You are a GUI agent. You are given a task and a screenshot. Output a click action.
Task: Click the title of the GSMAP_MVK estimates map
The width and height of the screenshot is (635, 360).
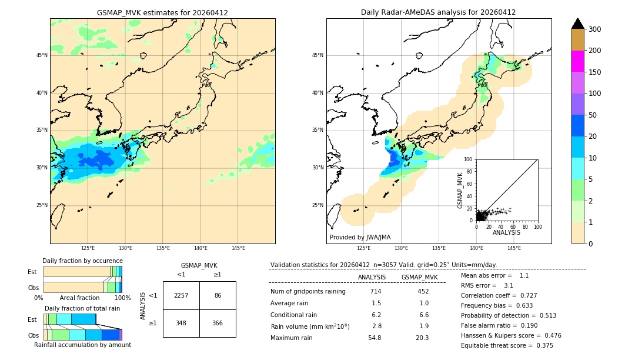pyautogui.click(x=162, y=12)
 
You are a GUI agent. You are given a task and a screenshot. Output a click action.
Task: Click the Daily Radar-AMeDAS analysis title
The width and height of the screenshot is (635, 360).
pyautogui.click(x=438, y=12)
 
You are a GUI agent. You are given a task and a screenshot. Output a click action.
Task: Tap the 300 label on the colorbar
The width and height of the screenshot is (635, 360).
pyautogui.click(x=594, y=29)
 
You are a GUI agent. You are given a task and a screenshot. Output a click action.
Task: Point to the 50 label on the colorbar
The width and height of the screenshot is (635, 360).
pyautogui.click(x=593, y=115)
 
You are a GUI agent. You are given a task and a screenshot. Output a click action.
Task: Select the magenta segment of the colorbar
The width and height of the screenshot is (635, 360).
pyautogui.click(x=578, y=61)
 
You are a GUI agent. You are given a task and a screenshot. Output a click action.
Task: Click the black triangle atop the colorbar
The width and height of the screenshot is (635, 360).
pyautogui.click(x=578, y=24)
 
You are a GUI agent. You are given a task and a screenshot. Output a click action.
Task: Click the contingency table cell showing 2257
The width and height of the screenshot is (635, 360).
pyautogui.click(x=181, y=295)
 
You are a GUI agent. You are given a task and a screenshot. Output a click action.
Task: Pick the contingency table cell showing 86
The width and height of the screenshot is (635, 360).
pyautogui.click(x=218, y=295)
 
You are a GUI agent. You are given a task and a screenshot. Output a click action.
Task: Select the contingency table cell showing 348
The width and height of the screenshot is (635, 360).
pyautogui.click(x=181, y=323)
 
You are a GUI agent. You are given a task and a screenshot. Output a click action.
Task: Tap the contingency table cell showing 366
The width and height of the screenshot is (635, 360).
pyautogui.click(x=218, y=323)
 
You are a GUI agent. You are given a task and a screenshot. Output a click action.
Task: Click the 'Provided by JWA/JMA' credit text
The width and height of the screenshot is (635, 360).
pyautogui.click(x=360, y=238)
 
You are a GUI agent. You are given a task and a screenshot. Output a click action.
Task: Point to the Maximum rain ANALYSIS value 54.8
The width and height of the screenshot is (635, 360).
pyautogui.click(x=375, y=338)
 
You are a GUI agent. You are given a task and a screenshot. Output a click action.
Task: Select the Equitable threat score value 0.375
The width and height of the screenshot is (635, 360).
pyautogui.click(x=542, y=345)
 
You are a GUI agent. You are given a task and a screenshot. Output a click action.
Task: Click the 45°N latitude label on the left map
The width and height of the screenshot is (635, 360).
pyautogui.click(x=42, y=55)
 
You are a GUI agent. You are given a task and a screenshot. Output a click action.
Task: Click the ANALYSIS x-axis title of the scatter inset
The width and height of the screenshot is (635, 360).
pyautogui.click(x=506, y=232)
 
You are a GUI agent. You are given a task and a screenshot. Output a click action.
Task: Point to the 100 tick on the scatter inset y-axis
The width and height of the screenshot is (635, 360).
pyautogui.click(x=469, y=159)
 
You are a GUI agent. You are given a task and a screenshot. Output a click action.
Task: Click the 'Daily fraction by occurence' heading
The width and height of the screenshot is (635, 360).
pyautogui.click(x=82, y=261)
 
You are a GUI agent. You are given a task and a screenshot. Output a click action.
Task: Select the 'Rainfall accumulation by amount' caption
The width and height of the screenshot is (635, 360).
pyautogui.click(x=82, y=345)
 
